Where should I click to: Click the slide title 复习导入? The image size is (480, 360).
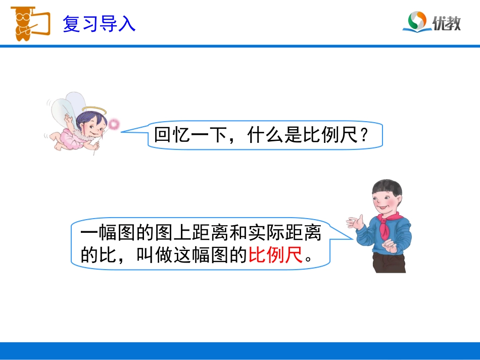99,24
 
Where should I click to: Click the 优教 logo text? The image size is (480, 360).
447,23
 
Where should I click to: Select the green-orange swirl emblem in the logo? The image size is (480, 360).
417,21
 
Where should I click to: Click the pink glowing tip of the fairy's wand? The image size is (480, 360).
115,124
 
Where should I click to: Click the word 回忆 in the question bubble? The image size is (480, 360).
172,135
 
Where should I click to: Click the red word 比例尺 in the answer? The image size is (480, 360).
276,255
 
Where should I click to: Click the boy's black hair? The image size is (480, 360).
388,187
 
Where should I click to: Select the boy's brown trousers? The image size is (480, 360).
390,261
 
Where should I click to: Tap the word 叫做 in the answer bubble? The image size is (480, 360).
155,255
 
